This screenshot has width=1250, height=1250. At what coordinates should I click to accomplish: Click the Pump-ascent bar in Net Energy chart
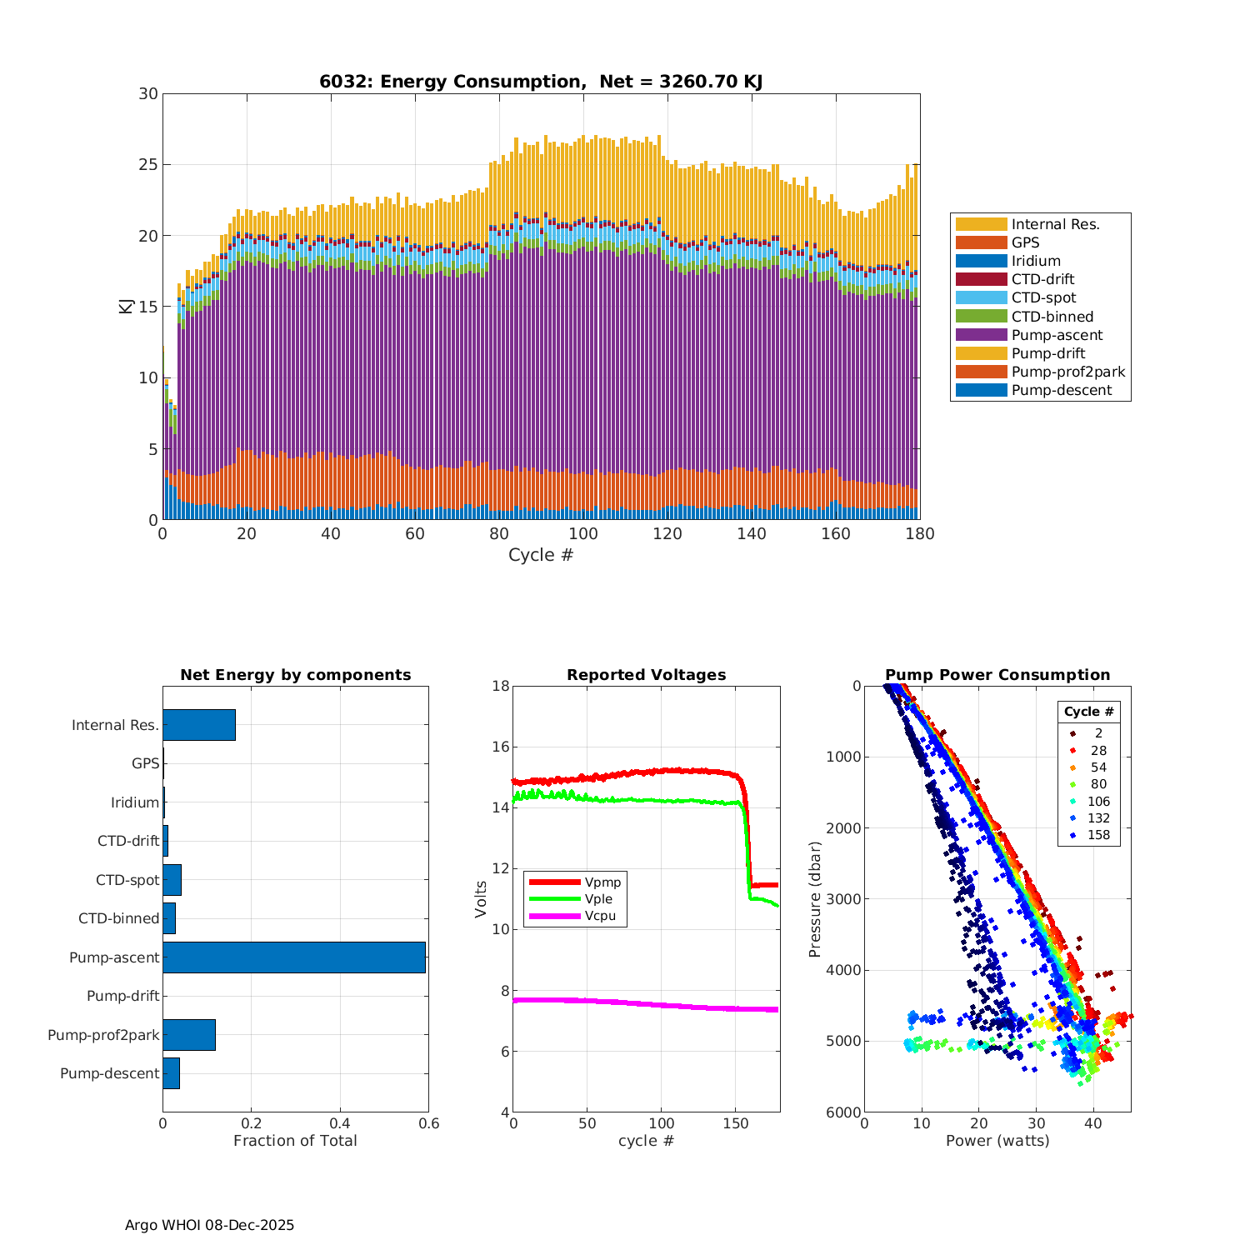[x=293, y=957]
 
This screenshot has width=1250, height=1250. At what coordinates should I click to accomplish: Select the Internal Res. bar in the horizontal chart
[x=199, y=725]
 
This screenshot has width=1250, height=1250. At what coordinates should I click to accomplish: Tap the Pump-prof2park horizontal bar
[x=189, y=1035]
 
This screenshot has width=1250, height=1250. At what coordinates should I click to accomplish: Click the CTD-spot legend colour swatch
[x=981, y=297]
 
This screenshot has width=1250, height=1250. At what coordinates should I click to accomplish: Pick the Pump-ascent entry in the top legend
[x=1057, y=335]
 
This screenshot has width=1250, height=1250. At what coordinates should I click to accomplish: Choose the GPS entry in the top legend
[x=1025, y=242]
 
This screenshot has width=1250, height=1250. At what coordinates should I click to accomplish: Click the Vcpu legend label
[x=600, y=916]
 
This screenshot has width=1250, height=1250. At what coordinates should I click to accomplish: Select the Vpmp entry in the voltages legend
[x=602, y=882]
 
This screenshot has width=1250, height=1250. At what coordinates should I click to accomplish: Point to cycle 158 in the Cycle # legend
[x=1098, y=835]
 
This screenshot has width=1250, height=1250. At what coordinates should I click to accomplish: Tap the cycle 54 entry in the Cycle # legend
[x=1098, y=767]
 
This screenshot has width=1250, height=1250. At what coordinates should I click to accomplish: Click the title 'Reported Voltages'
[x=646, y=675]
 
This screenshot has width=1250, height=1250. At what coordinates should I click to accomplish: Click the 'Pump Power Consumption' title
[x=997, y=675]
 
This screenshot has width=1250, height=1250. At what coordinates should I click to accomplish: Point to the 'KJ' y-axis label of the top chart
[x=126, y=307]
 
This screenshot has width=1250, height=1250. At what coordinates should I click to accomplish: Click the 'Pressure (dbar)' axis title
[x=815, y=899]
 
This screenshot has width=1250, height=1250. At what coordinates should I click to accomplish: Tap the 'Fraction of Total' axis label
[x=295, y=1141]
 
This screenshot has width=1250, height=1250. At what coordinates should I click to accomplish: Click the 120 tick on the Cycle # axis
[x=667, y=534]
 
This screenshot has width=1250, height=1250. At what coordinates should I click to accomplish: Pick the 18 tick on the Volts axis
[x=500, y=686]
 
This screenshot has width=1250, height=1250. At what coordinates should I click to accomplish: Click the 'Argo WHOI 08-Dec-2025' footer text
[x=209, y=1225]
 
